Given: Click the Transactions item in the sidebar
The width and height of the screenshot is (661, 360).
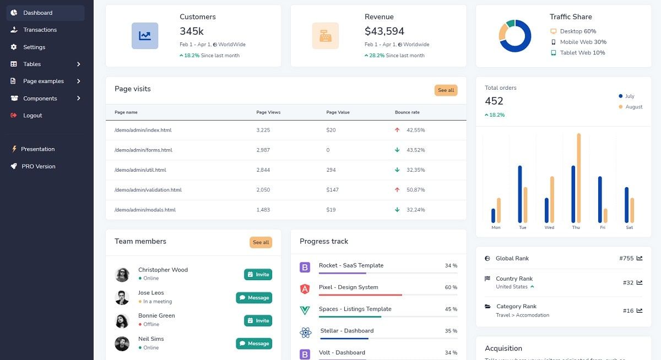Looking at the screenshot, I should coord(40,30).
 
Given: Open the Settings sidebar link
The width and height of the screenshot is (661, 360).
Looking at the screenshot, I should coord(34,47).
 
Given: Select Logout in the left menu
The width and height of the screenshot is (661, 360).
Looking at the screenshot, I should coord(32,116).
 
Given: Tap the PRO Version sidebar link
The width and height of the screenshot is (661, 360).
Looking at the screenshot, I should coord(38,166).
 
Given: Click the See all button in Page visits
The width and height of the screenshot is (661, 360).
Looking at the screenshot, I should coord(446,90).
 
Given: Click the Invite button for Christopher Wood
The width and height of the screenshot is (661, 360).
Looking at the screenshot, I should coord(258,275).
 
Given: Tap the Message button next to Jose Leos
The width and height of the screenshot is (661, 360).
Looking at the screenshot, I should coord(254,298).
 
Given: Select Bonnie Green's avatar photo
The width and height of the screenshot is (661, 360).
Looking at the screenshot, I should coord(122,320).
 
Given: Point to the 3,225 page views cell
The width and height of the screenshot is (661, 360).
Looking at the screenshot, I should coord(263,130).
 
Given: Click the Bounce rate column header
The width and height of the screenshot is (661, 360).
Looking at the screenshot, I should coord(407,112).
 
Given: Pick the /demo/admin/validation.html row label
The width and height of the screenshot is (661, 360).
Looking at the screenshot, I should coord(148,190).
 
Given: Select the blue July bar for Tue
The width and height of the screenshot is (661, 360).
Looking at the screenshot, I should coord(519,194).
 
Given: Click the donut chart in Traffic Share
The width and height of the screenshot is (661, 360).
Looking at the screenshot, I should coord(514,36).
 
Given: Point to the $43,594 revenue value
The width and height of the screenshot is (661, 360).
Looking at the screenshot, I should coord(384,31).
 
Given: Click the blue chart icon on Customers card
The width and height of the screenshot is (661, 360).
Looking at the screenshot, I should coord(145,36).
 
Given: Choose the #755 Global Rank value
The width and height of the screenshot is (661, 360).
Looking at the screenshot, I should coord(626,258).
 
